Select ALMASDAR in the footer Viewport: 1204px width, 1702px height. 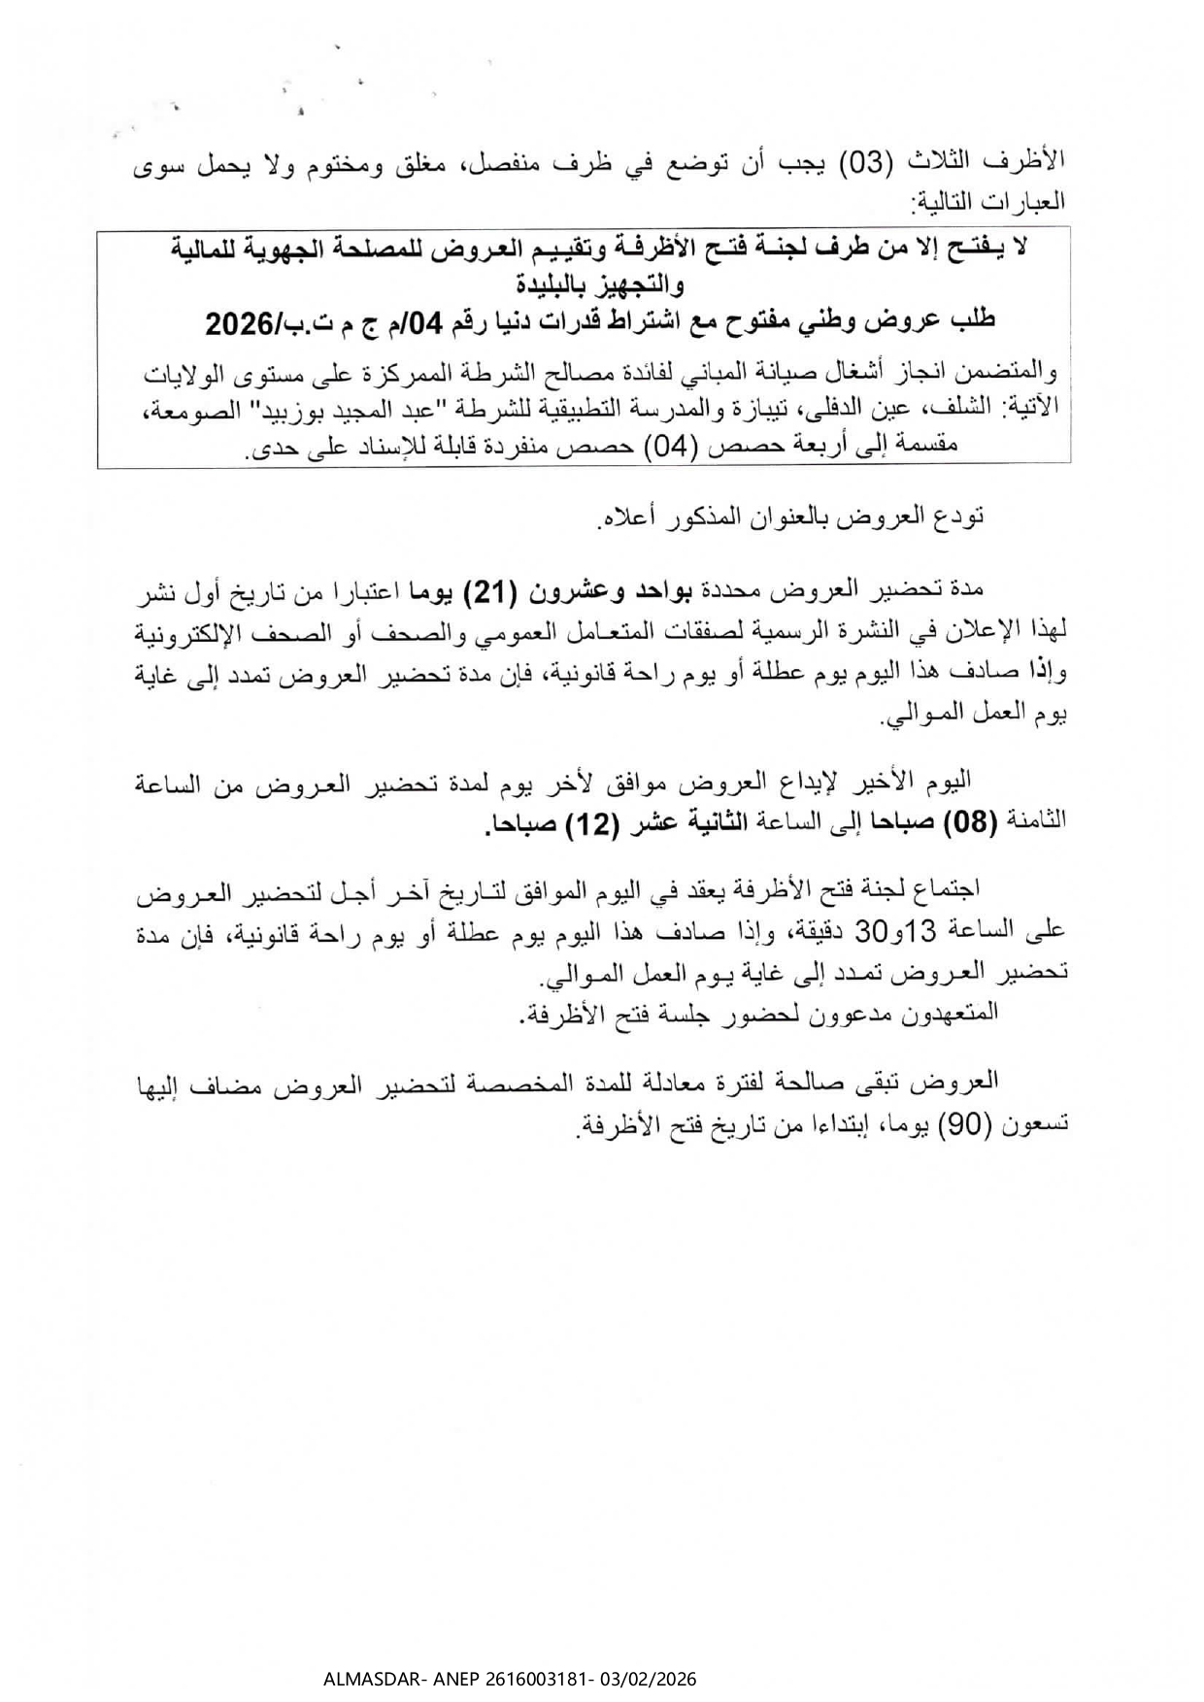tap(363, 1680)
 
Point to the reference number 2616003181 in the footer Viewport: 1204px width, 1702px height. tap(516, 1680)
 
